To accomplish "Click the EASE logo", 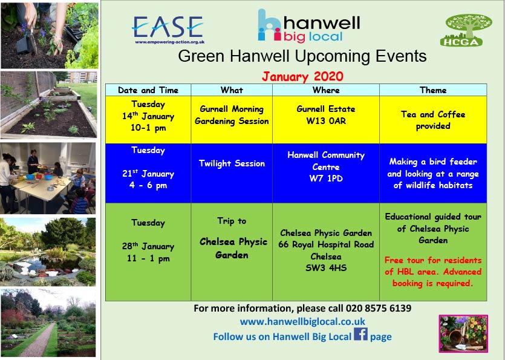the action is click(x=168, y=29).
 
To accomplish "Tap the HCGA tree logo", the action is click(x=466, y=30).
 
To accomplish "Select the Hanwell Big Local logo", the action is click(x=308, y=26).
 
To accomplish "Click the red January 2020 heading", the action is click(x=302, y=77).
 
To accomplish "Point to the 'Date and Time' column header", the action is click(x=148, y=90).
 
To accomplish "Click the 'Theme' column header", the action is click(x=433, y=90).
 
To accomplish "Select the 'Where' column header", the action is click(x=326, y=90).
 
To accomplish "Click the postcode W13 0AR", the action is click(x=326, y=121).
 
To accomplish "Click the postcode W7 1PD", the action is click(x=326, y=178).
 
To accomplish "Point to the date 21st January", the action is click(x=148, y=174).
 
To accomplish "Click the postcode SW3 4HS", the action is click(x=326, y=268).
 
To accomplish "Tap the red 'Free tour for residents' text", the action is click(x=433, y=260).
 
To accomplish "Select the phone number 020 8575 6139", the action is click(x=379, y=309).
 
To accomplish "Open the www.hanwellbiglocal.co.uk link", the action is click(x=302, y=322).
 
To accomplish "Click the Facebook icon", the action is click(x=360, y=334).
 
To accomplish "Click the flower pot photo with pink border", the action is click(x=463, y=333).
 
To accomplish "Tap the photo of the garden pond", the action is click(x=48, y=252).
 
